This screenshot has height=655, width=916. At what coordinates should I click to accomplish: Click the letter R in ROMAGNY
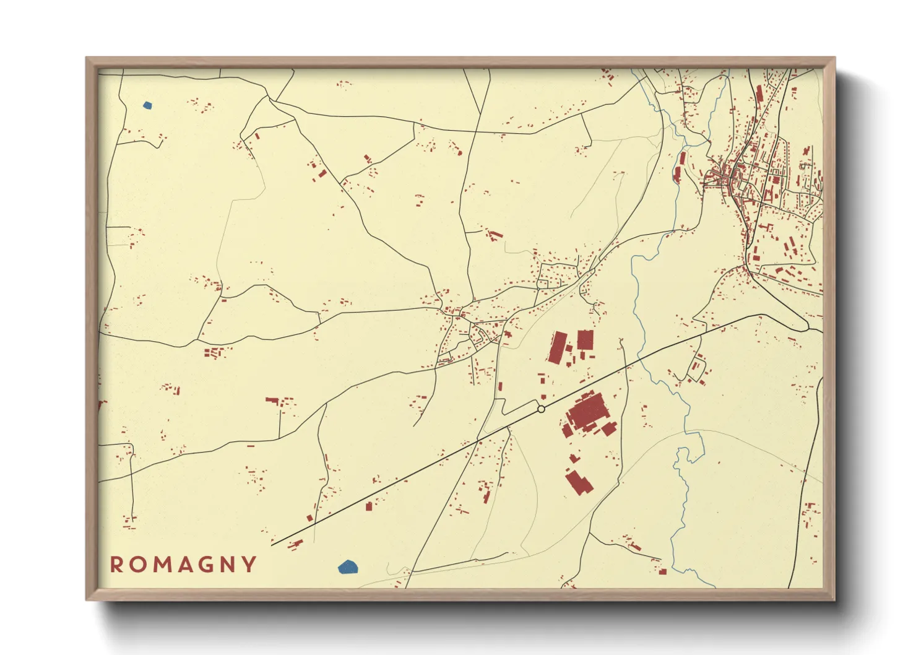116,565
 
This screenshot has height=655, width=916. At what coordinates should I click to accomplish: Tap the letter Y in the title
249,565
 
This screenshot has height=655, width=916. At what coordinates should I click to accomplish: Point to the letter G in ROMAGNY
204,565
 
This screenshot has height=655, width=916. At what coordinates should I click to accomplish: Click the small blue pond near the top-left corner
147,105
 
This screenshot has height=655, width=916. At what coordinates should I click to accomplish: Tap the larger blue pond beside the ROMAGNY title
348,566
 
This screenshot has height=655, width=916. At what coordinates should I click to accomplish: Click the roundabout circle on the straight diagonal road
541,409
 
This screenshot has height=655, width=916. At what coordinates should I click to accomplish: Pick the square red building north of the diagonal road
585,340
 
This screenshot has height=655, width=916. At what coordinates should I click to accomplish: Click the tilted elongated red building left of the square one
557,347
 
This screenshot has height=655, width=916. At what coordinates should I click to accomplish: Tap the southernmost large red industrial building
579,482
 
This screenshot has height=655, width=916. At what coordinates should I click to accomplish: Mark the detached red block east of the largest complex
609,428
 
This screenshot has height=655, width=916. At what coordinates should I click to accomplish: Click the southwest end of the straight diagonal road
272,545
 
